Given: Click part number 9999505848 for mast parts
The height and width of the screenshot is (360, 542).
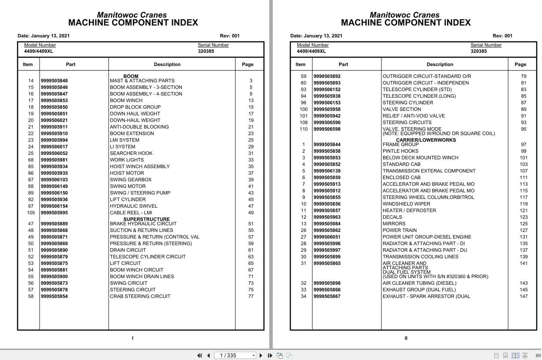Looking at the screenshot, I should tap(54, 81).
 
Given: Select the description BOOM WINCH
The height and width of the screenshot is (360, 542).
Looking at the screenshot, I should tap(126, 100).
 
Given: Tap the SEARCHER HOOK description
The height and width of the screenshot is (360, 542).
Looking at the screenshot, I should tap(131, 153).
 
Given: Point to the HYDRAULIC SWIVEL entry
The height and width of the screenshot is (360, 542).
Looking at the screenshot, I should tap(133, 206).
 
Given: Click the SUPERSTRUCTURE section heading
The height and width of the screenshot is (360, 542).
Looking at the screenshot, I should tap(146, 219).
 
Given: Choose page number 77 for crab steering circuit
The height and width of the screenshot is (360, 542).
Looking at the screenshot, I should tap(251, 296).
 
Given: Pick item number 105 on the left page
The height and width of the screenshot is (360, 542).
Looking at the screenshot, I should tap(31, 213).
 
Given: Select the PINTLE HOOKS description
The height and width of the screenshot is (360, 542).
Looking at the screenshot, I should tap(400, 151).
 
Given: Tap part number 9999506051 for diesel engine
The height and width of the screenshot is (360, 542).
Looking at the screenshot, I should tap(327, 237).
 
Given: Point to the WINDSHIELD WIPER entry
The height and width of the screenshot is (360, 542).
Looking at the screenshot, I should tap(406, 204).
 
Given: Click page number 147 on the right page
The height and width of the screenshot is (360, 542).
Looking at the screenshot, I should tap(524, 296).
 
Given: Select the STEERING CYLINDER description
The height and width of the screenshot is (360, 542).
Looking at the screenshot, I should tap(407, 103).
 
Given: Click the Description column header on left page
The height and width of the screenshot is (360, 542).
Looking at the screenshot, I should tap(167, 64).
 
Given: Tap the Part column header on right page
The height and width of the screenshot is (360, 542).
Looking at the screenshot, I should tap(344, 64).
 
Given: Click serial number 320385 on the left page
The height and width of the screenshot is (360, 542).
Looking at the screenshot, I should tap(206, 51).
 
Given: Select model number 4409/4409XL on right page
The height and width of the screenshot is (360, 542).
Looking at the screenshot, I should tap(311, 51).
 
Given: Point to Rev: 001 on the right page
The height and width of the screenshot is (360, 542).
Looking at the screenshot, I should tap(502, 36).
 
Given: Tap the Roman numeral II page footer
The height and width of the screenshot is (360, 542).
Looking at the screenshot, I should tap(406, 338).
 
